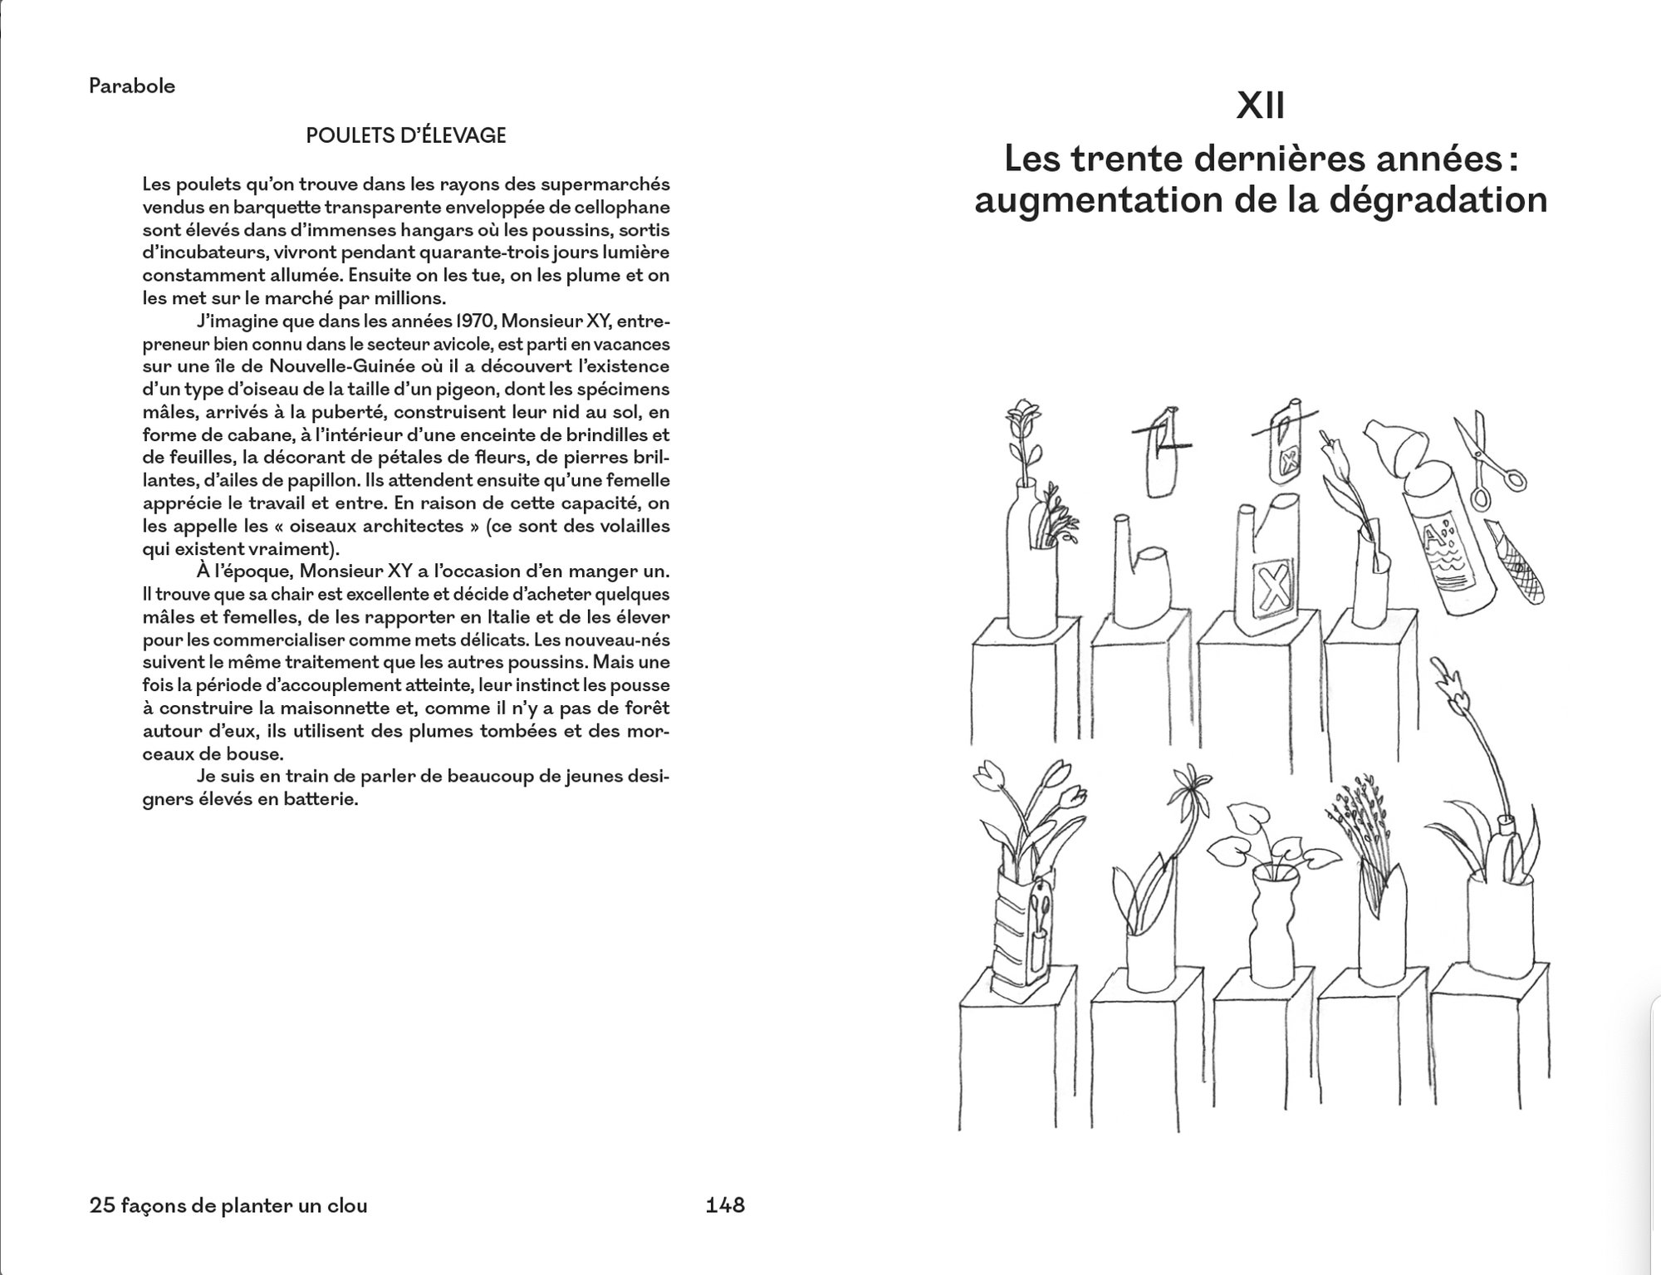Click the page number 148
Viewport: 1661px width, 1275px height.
pyautogui.click(x=725, y=1205)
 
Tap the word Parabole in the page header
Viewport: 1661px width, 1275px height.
pyautogui.click(x=132, y=86)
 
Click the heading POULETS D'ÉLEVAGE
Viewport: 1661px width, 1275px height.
pyautogui.click(x=406, y=135)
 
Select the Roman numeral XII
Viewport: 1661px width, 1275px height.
pyautogui.click(x=1261, y=106)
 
